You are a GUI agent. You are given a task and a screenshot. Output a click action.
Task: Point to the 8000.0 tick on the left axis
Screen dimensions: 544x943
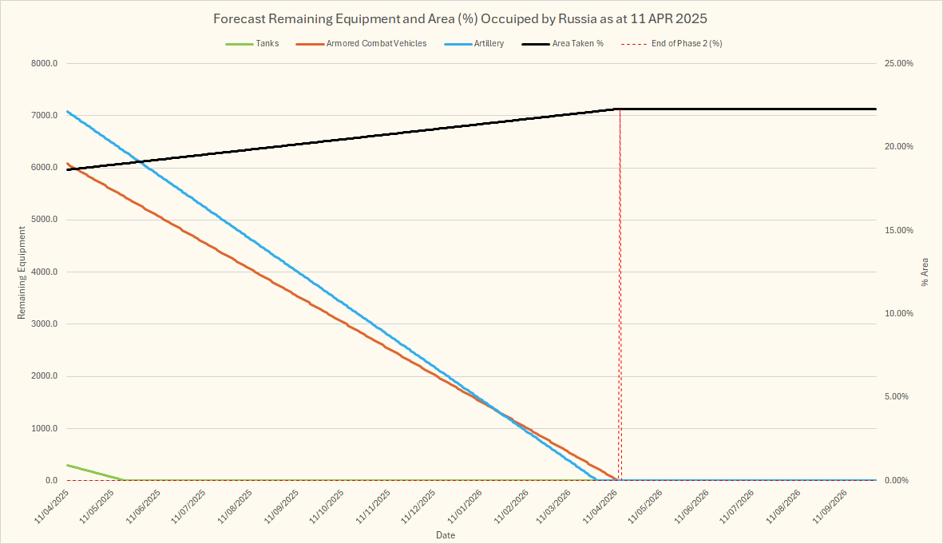[43, 64]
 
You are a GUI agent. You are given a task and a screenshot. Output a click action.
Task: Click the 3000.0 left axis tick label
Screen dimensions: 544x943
[43, 324]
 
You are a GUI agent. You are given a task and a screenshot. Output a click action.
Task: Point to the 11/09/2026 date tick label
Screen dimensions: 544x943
[830, 507]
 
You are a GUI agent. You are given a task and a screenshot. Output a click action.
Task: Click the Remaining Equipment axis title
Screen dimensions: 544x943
[22, 272]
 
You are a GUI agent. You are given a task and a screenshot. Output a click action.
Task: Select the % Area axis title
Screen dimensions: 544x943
[925, 272]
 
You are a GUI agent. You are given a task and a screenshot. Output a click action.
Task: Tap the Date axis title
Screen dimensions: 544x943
[446, 534]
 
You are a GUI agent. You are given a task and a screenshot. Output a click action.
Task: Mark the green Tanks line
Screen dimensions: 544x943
[96, 472]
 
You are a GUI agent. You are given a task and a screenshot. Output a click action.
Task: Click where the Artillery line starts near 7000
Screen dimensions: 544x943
[69, 112]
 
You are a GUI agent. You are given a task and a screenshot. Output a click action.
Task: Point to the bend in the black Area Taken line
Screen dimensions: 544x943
[618, 109]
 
